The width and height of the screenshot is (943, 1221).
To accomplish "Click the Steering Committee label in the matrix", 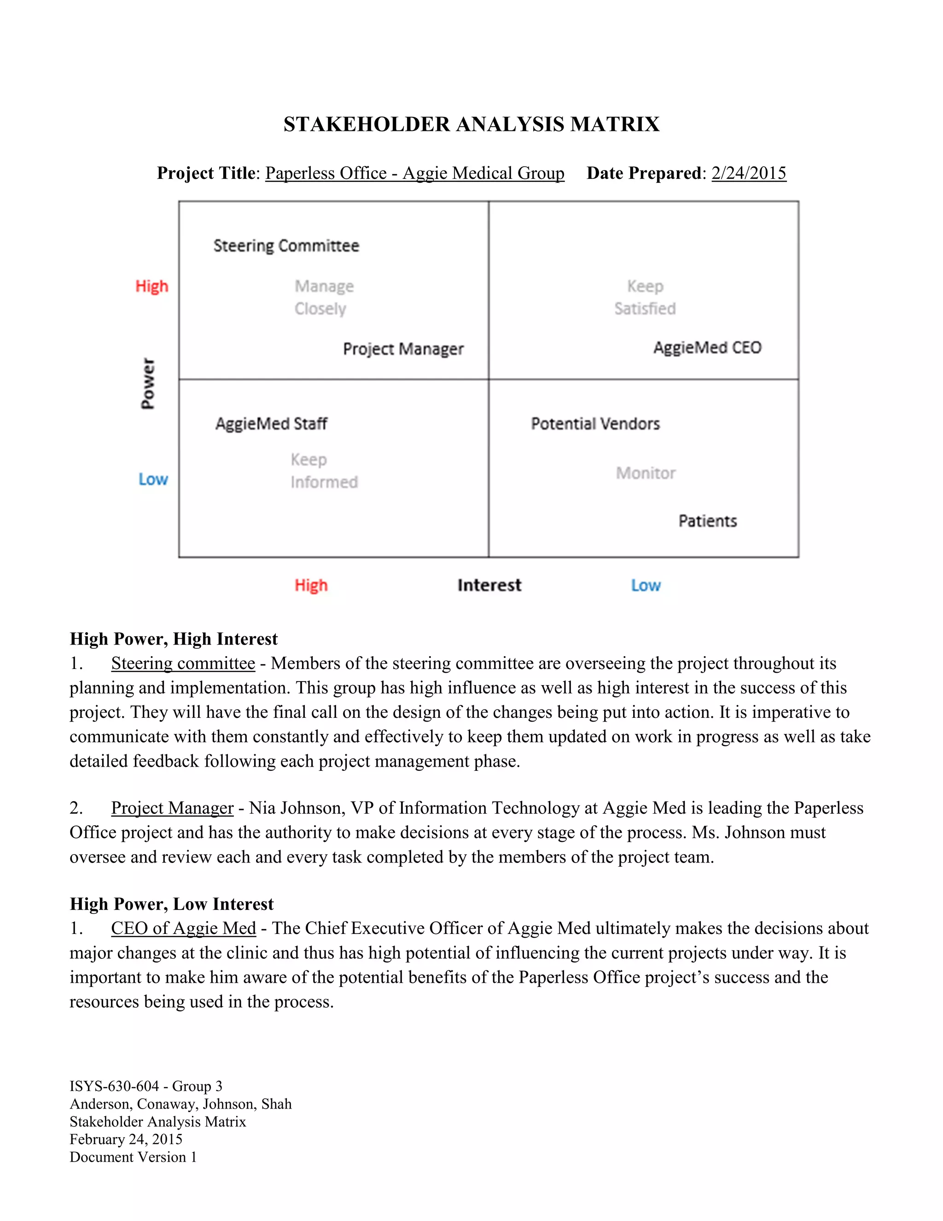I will tap(286, 246).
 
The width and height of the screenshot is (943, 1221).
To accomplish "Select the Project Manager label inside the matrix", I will tap(403, 349).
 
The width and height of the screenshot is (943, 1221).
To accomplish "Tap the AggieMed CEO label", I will tap(707, 348).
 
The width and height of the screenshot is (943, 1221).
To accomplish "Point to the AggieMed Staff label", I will tap(272, 424).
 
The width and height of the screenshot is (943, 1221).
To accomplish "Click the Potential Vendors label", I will tap(595, 424).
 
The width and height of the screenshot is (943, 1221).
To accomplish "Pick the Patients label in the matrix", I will tap(707, 521).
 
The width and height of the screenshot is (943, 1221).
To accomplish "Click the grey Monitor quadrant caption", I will tap(646, 473).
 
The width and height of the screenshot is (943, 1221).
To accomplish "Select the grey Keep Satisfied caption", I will tap(645, 298).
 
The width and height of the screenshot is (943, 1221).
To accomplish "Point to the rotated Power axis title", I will tap(148, 383).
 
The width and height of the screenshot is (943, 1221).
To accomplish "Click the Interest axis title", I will tap(489, 585).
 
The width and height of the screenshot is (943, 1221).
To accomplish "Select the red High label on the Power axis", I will tap(151, 286).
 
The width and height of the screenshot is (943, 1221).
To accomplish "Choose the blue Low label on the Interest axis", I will tap(646, 585).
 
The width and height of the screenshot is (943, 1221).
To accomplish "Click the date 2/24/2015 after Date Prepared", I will tap(749, 173).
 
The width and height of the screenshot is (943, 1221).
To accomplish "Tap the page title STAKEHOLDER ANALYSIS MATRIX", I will tap(471, 124).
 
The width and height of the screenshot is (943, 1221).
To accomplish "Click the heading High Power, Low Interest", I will tap(171, 904).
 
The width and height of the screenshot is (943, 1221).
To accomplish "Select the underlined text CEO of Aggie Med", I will tap(183, 928).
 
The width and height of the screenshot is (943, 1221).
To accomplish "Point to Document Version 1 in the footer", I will tap(133, 1157).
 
